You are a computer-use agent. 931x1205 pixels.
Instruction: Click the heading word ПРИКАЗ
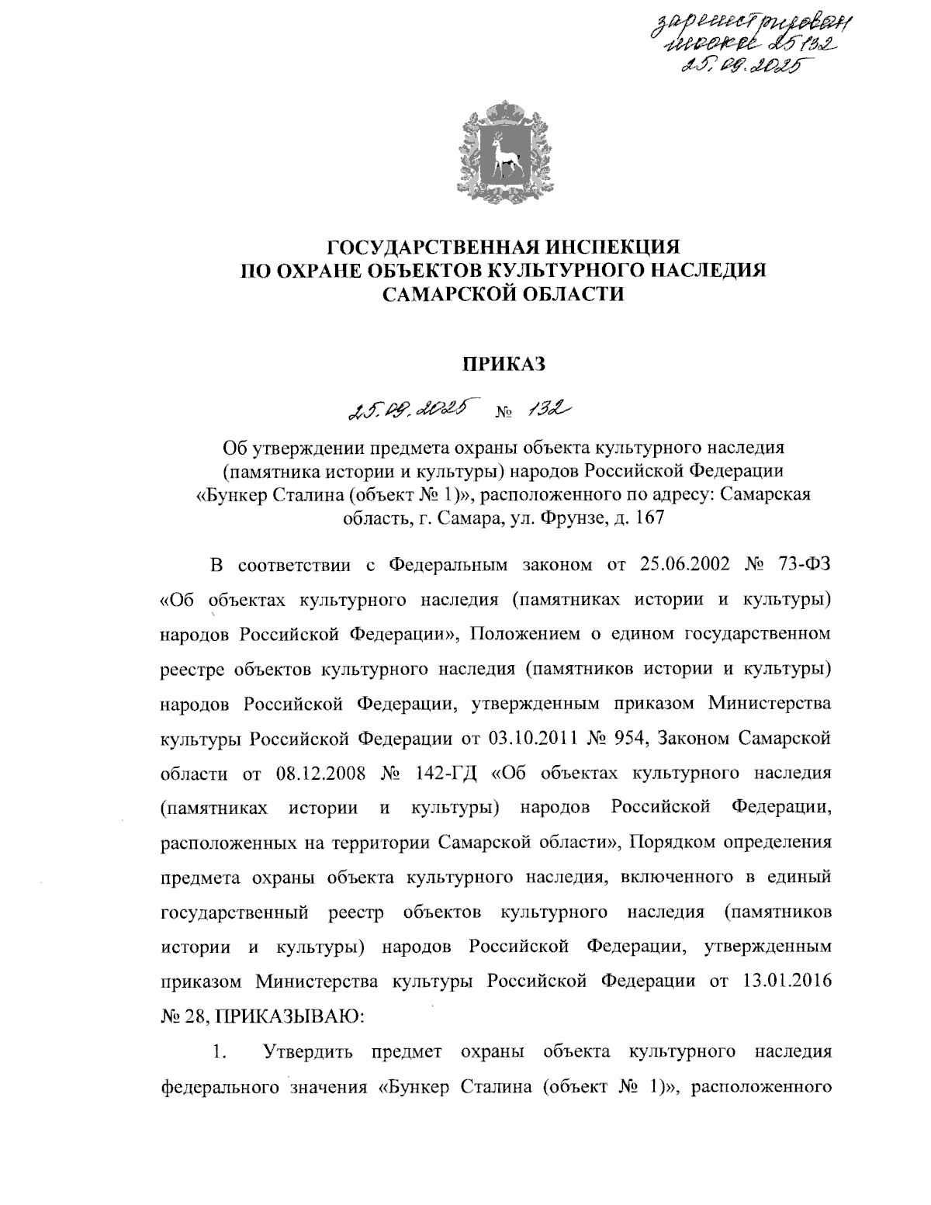pos(504,362)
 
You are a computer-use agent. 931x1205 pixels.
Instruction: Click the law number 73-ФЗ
pos(805,563)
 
